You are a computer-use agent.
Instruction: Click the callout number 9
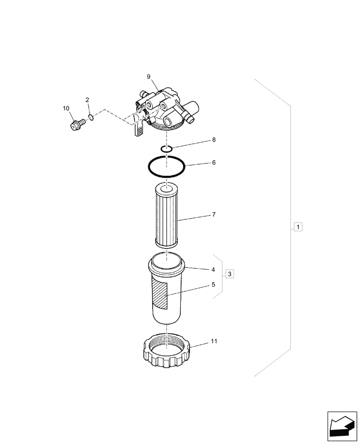149,77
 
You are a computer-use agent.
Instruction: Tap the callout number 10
66,109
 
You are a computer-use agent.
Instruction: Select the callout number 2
87,100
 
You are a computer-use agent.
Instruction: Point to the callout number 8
214,140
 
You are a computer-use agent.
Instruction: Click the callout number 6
214,163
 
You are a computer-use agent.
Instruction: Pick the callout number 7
214,215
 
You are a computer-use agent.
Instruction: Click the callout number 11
214,341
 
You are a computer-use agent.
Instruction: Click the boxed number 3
229,274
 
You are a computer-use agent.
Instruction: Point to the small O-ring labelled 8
166,149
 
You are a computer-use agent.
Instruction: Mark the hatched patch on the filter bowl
160,294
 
